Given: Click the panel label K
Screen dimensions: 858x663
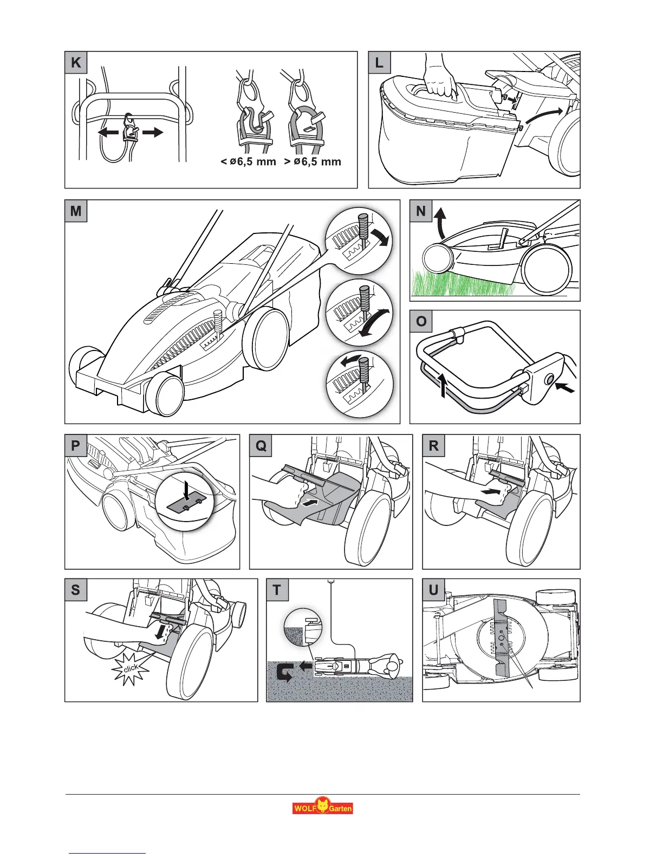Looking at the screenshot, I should (76, 62).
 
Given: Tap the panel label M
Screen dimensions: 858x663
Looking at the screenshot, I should (76, 211).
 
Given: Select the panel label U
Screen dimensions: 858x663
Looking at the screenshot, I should (433, 589).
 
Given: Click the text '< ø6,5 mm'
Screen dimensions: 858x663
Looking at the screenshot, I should (249, 161).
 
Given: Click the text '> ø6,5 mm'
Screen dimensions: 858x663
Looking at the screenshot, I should (313, 161).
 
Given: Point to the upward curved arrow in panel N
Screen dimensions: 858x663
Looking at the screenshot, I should (440, 224).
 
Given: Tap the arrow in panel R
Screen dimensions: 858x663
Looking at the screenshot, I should (489, 491).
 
